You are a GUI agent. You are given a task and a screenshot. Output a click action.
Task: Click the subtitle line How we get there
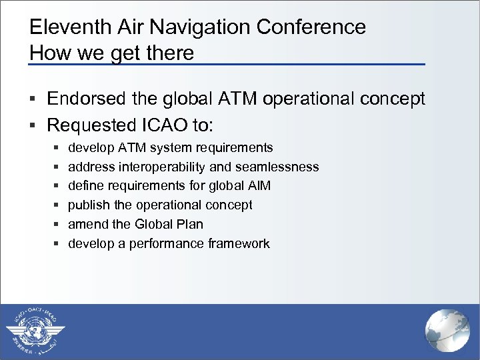tap(111, 52)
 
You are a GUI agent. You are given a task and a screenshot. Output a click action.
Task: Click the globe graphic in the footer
tap(447, 331)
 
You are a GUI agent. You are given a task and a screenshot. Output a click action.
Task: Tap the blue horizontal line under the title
tap(227, 64)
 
